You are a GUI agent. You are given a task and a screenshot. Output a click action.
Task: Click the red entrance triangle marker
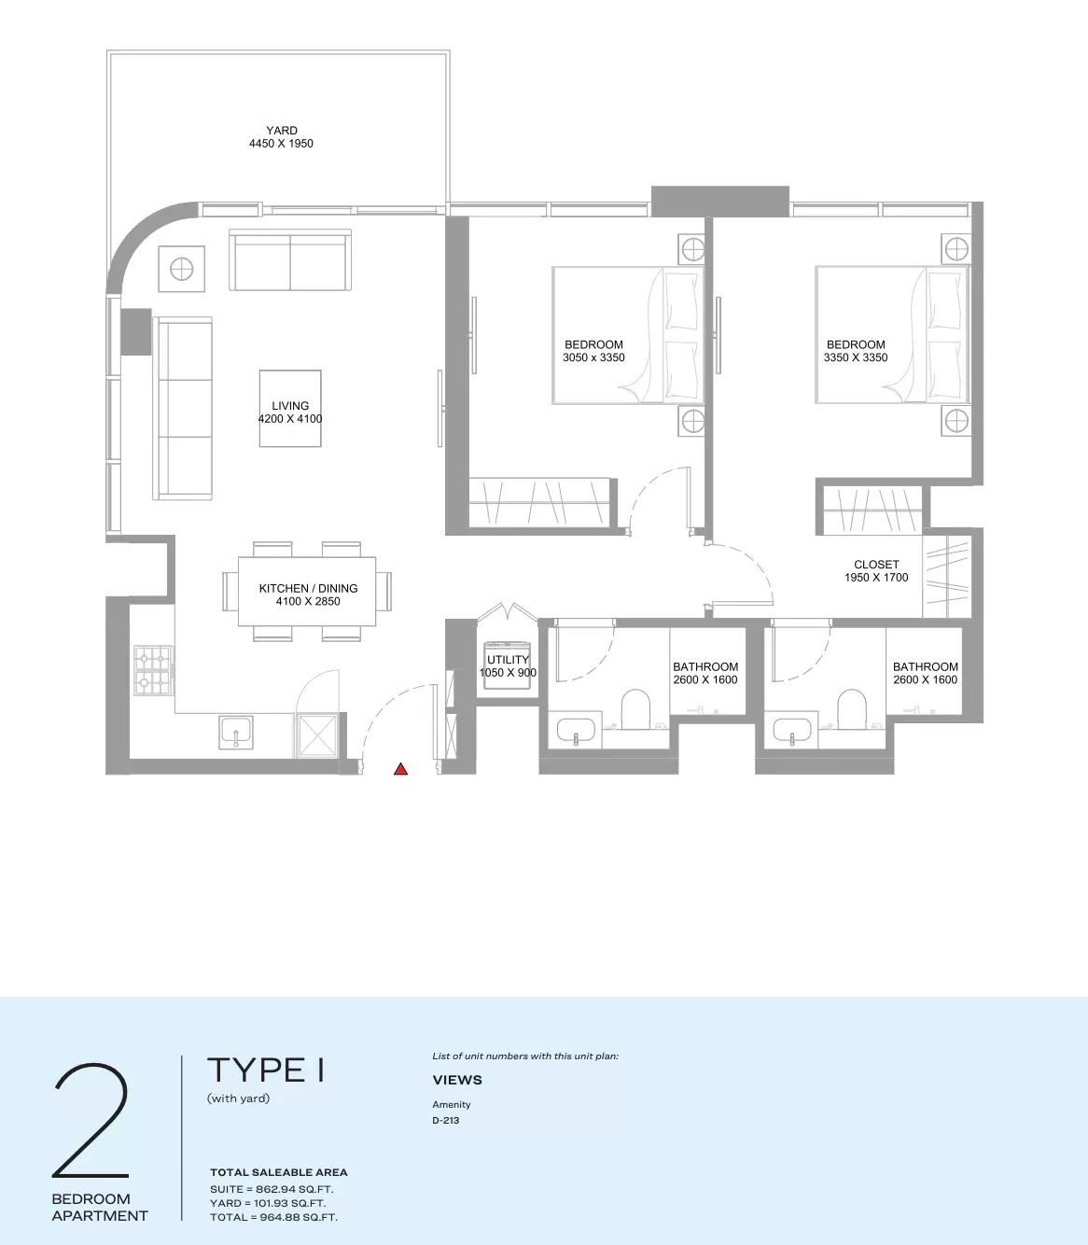pos(400,769)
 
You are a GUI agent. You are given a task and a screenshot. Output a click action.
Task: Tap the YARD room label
pos(281,137)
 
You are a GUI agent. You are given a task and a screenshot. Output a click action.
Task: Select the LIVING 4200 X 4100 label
pos(290,413)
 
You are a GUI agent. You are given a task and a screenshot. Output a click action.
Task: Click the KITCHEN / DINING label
pos(308,595)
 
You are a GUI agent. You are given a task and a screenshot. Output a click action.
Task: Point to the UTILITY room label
pos(508,666)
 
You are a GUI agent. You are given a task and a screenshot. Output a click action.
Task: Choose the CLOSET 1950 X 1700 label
pos(876,571)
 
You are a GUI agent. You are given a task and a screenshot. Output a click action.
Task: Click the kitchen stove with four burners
pos(153,671)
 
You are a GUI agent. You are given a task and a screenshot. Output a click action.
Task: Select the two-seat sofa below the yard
pos(290,263)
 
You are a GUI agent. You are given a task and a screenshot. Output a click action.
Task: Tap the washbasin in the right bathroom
pos(791,733)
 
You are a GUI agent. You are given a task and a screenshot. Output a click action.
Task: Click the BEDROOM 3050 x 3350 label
pos(593,351)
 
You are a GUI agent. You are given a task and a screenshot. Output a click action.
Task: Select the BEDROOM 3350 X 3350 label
pos(856,351)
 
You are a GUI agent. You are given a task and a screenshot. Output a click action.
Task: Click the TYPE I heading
pos(266,1070)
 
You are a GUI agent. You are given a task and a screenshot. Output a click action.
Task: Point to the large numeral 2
pos(91,1121)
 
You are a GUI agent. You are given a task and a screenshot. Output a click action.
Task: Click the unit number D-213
pos(446,1120)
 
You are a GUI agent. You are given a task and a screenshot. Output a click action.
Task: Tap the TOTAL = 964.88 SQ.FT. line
pos(273,1217)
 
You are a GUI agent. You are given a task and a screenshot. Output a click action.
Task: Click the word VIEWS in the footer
pos(457,1080)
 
